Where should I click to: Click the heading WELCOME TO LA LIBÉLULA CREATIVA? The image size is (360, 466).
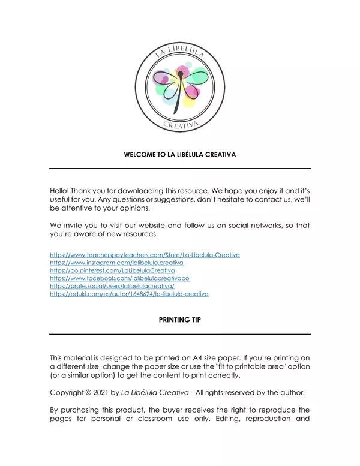point(179,154)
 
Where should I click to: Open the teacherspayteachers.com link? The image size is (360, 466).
point(145,255)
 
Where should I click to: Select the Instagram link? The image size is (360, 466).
point(116,263)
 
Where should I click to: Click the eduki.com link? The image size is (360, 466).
point(129,294)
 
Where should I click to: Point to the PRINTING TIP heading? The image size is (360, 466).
point(179,320)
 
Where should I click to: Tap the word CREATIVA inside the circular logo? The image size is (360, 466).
point(180,125)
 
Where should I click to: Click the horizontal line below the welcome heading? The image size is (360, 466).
point(179,169)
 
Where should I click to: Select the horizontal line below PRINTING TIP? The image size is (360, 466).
point(179,334)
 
